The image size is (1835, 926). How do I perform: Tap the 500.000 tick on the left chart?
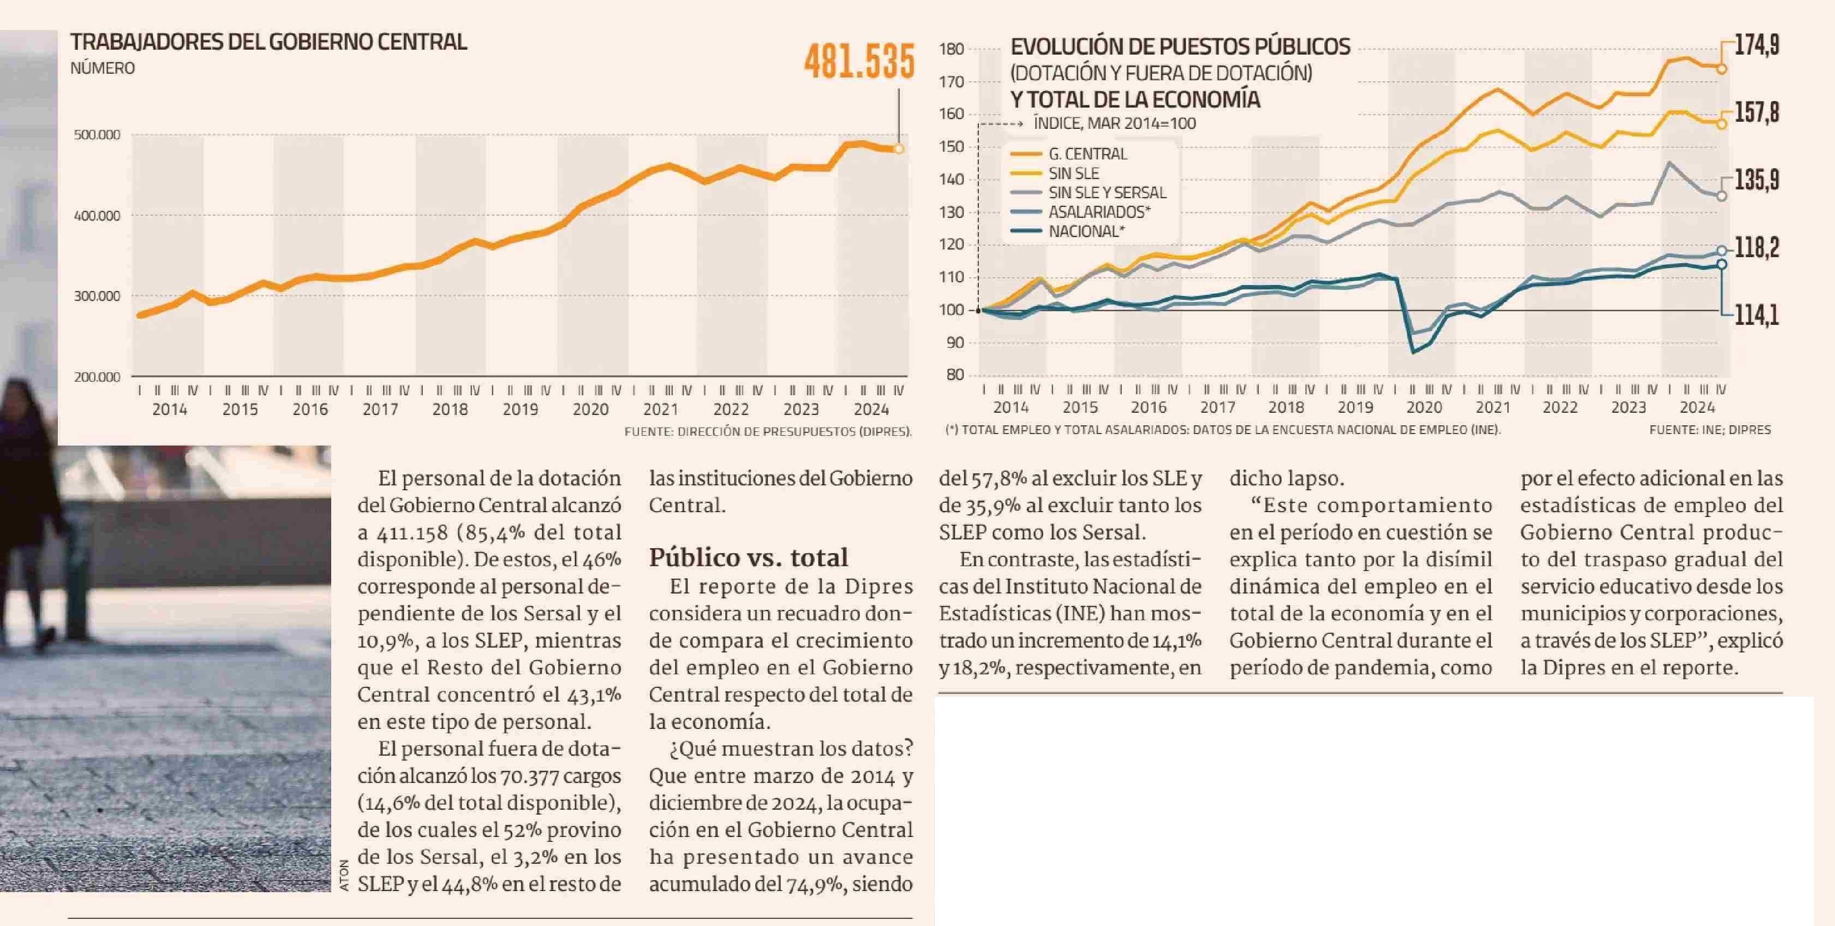coord(97,135)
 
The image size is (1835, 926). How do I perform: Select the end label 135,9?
coord(1756,180)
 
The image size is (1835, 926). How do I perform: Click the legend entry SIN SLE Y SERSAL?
coord(1107,193)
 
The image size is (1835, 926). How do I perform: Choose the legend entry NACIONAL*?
coord(1086,231)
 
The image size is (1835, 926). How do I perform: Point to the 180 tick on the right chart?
coord(952,49)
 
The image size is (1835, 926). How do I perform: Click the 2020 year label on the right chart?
coord(1424,408)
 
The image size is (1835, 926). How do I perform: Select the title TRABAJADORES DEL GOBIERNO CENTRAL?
coord(268,42)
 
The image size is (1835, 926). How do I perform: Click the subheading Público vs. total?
coord(748,557)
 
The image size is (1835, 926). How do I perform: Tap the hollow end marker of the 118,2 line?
coord(1722,251)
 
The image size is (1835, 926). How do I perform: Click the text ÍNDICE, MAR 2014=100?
coord(1115,123)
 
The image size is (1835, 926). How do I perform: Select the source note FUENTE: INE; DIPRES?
coord(1710,430)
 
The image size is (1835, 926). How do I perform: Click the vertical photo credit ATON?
coord(345,875)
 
